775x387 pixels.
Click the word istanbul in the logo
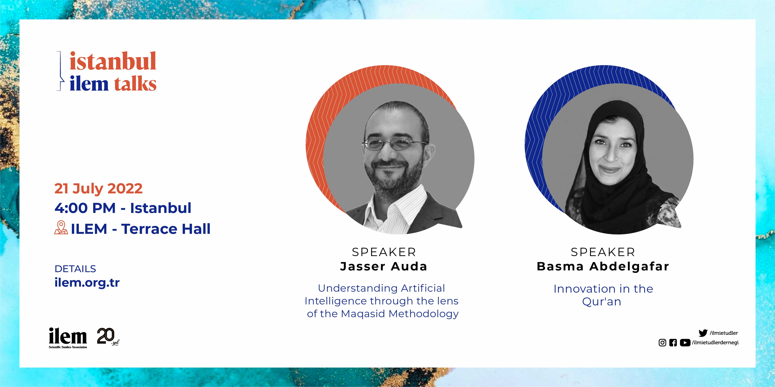113,61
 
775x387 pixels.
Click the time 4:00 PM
85,208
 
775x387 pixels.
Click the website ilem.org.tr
87,282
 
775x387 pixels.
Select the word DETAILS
75,269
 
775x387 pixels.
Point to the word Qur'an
602,301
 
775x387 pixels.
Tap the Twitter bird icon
703,333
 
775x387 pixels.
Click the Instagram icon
662,343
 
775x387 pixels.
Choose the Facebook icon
673,343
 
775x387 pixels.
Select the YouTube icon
685,343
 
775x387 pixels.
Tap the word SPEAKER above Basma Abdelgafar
603,252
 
